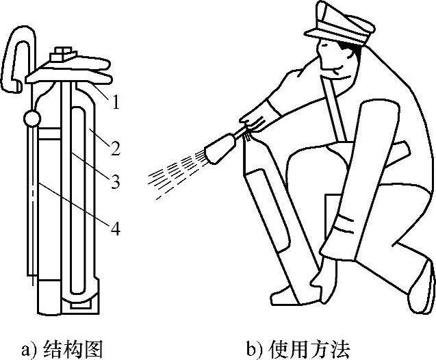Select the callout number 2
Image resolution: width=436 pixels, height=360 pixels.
pos(116,146)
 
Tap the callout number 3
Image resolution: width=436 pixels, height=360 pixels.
pos(116,181)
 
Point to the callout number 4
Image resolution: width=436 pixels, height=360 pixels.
pos(116,229)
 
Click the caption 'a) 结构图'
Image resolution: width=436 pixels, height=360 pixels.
pos(62,349)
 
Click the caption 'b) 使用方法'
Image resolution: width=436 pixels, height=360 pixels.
pos(298,349)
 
